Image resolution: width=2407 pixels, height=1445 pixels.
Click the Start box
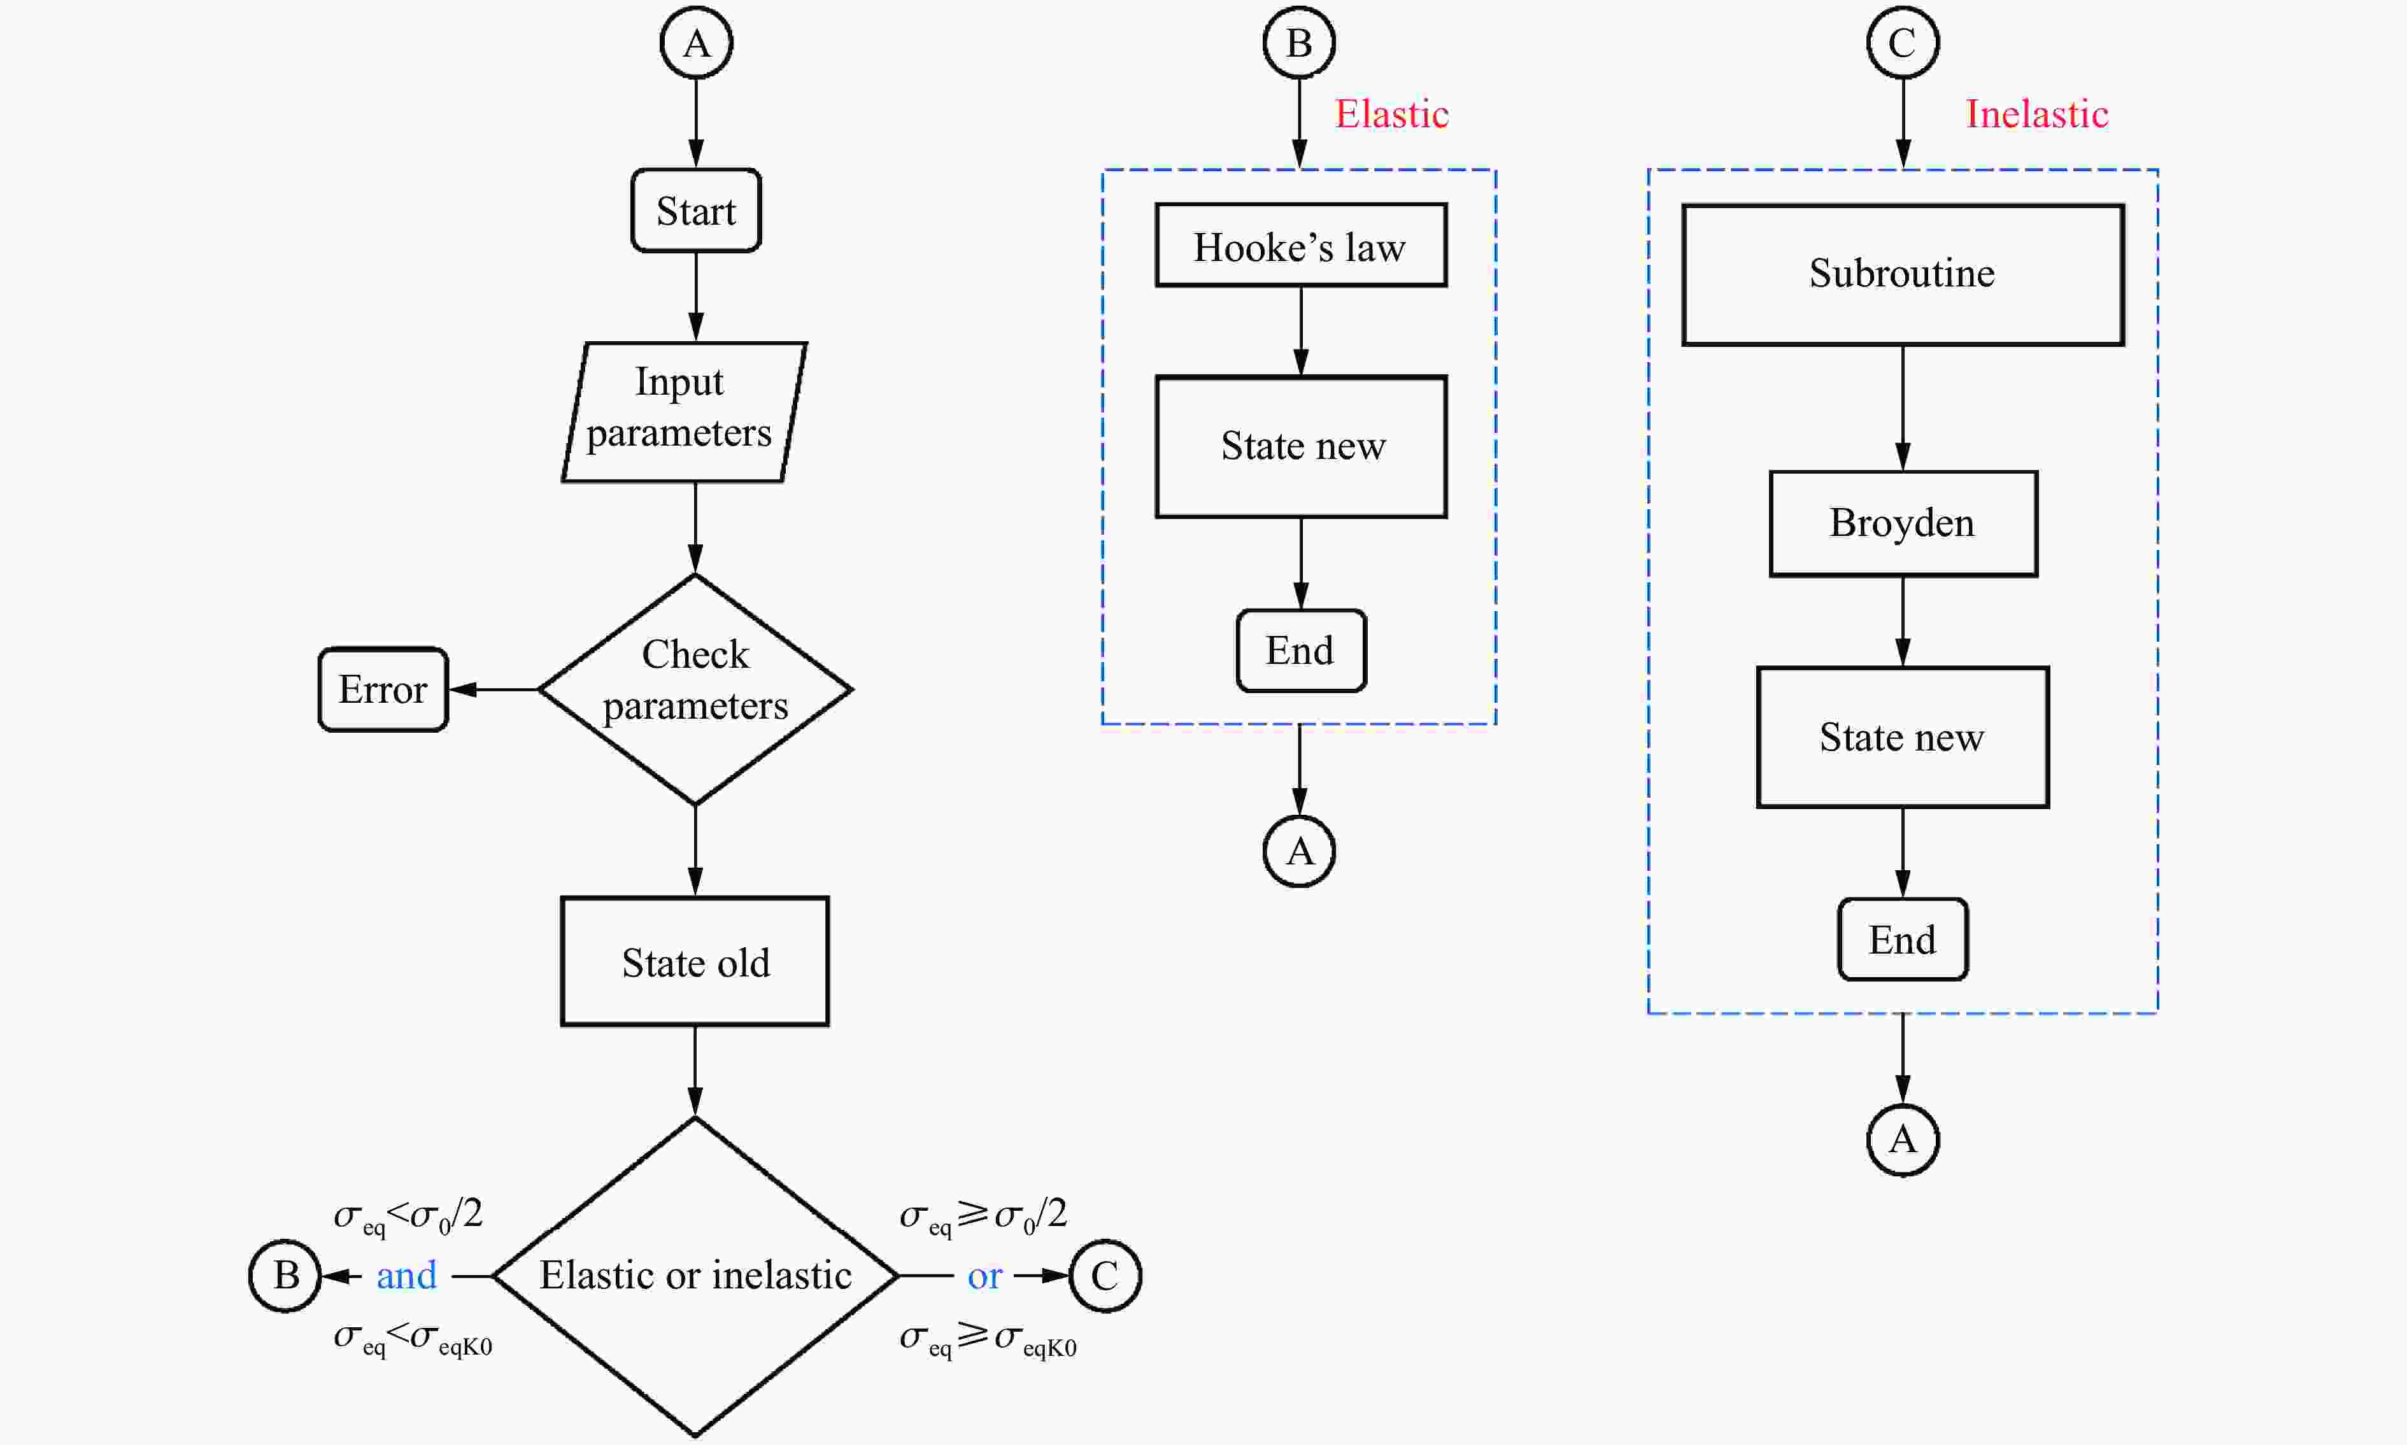[695, 210]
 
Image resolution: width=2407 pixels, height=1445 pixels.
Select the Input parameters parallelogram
[684, 412]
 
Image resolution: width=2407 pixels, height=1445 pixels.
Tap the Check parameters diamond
[695, 689]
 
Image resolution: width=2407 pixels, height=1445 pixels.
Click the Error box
[383, 689]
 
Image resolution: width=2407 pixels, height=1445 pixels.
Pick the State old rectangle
[695, 961]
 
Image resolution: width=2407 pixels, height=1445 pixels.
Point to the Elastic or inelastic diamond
[695, 1276]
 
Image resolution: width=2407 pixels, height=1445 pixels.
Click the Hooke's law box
[1300, 245]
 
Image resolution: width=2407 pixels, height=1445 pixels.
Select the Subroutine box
[1903, 274]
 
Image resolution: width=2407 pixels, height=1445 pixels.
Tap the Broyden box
[1903, 524]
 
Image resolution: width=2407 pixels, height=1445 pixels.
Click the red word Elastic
[1391, 114]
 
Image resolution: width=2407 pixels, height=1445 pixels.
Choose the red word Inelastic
[2037, 114]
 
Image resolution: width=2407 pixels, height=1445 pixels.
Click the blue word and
[406, 1276]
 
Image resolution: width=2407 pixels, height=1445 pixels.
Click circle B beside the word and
[285, 1276]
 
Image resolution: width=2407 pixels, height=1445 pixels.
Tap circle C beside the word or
[1105, 1276]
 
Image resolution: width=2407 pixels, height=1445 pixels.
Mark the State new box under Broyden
[1903, 737]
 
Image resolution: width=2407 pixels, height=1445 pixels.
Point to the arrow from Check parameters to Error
[494, 689]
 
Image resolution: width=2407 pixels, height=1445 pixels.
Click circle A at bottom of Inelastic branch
[1903, 1140]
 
